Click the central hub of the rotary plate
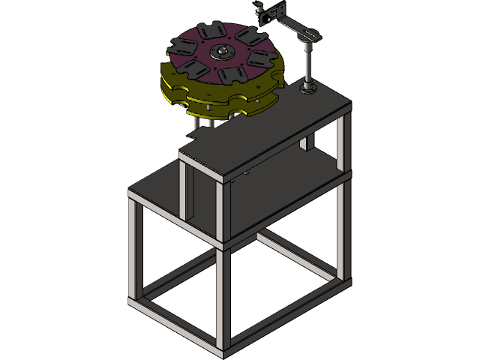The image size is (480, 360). click(222, 52)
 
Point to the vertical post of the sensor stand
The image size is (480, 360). click(307, 64)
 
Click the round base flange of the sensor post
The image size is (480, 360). click(308, 90)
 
